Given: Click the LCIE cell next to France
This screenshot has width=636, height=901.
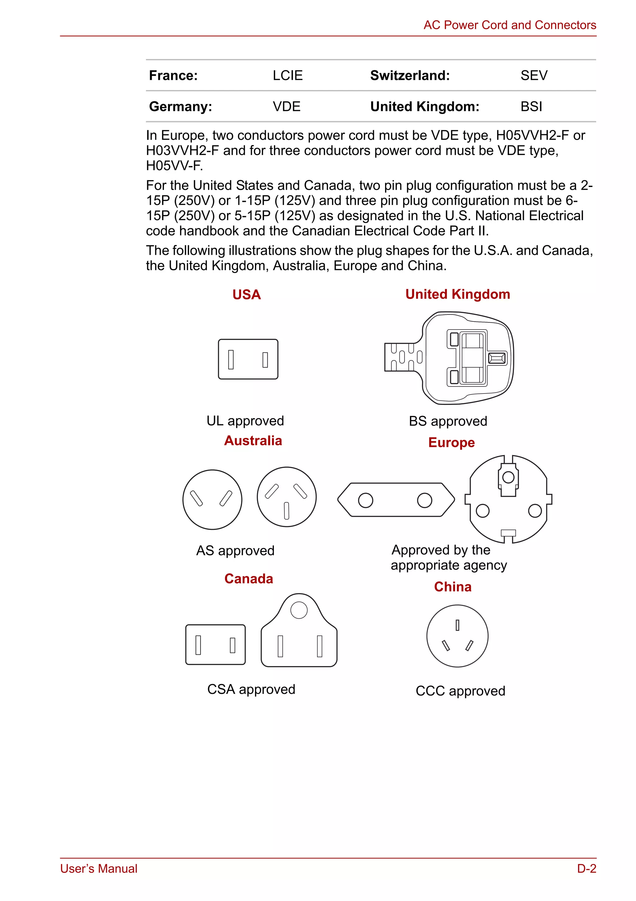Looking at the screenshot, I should (288, 75).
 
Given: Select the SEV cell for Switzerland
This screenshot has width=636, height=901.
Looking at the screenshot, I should (534, 75).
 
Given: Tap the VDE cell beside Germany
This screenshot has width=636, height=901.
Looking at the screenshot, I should (286, 106).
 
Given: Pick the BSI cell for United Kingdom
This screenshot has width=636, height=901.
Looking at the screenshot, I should (531, 106).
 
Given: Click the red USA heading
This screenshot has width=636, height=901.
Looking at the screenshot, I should (246, 294).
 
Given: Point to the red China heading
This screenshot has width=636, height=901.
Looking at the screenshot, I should (452, 587).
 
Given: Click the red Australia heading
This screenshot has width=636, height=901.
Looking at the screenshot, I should (253, 440).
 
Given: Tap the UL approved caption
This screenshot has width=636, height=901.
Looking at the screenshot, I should (245, 421).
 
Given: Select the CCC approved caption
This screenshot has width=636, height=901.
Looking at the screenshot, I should (460, 691).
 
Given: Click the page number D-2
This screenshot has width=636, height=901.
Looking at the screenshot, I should (586, 868).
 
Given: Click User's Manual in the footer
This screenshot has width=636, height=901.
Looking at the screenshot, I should (98, 868).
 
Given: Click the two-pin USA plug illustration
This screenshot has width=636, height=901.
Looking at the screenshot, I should (248, 359).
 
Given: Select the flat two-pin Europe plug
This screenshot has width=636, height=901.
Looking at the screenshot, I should (396, 499).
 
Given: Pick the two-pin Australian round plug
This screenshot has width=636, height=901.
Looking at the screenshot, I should (212, 499).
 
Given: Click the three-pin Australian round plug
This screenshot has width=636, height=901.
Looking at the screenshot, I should (286, 497).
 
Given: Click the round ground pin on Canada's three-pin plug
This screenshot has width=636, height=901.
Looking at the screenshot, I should (299, 610).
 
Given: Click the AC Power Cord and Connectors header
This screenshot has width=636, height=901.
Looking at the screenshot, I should (509, 25).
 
